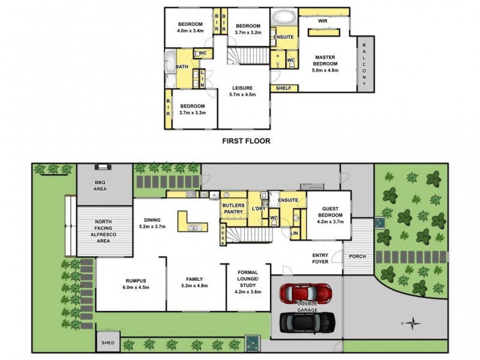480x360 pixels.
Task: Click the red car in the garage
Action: [x=306, y=293]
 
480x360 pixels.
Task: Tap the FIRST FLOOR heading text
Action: [x=246, y=142]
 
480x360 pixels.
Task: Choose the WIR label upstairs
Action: [x=323, y=20]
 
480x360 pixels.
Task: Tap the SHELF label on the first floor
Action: [x=283, y=88]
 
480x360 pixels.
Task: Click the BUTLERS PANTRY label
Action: [x=233, y=208]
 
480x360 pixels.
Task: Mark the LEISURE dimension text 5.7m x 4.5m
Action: [x=242, y=94]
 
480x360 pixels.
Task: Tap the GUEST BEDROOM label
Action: [x=329, y=212]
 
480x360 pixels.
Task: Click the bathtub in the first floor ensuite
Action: [x=284, y=16]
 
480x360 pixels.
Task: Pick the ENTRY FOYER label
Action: [x=320, y=259]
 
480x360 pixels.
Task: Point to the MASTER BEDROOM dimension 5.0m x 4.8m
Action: [x=325, y=70]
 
